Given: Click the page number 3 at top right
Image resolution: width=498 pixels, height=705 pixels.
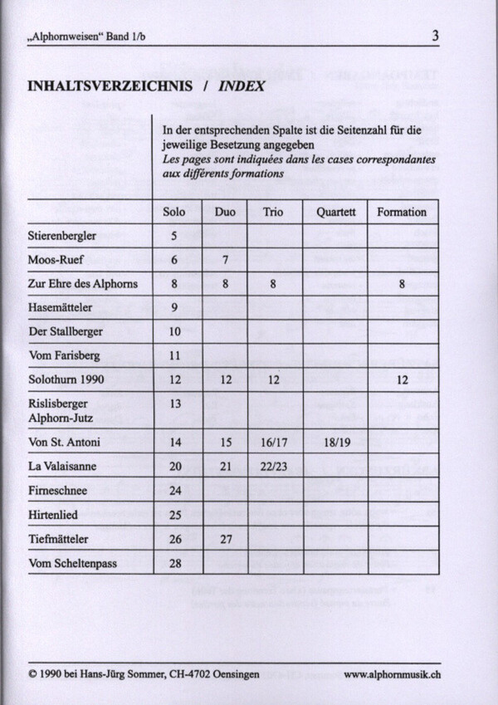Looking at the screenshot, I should (436, 36).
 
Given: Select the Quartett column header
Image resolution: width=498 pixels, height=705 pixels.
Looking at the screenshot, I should (335, 212).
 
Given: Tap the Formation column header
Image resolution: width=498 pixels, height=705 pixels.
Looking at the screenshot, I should (402, 212).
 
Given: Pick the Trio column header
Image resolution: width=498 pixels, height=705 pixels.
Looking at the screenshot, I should (273, 212).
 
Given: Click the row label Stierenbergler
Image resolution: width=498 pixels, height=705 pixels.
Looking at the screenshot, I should (62, 236).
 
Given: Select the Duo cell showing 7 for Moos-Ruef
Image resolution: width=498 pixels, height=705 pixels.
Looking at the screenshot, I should (225, 260).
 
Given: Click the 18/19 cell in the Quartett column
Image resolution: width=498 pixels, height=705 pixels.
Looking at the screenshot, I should (335, 443).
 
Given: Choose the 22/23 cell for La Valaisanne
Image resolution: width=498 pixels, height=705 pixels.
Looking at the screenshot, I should (273, 467).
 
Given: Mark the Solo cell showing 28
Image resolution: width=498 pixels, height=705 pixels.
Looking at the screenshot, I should (175, 564).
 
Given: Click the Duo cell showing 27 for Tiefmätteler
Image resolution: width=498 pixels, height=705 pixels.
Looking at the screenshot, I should (225, 540).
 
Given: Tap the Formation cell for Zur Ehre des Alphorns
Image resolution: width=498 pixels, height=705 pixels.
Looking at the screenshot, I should (402, 284).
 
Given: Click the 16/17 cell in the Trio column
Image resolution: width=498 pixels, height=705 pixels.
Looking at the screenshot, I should (273, 443).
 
